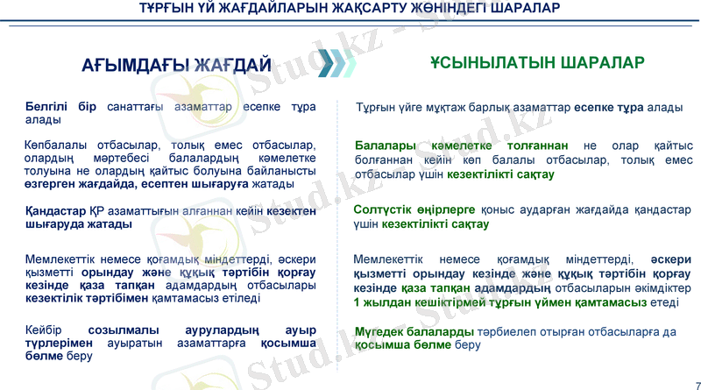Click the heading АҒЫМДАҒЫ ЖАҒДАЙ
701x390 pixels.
point(176,66)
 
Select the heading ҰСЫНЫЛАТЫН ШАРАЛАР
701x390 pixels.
point(537,64)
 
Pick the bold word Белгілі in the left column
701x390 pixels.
point(48,107)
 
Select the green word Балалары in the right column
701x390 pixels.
point(385,145)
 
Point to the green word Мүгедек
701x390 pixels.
point(379,331)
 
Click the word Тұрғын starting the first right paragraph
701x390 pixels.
point(377,107)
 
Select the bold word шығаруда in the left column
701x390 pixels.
point(52,224)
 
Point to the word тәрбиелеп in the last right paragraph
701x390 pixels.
point(503,331)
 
